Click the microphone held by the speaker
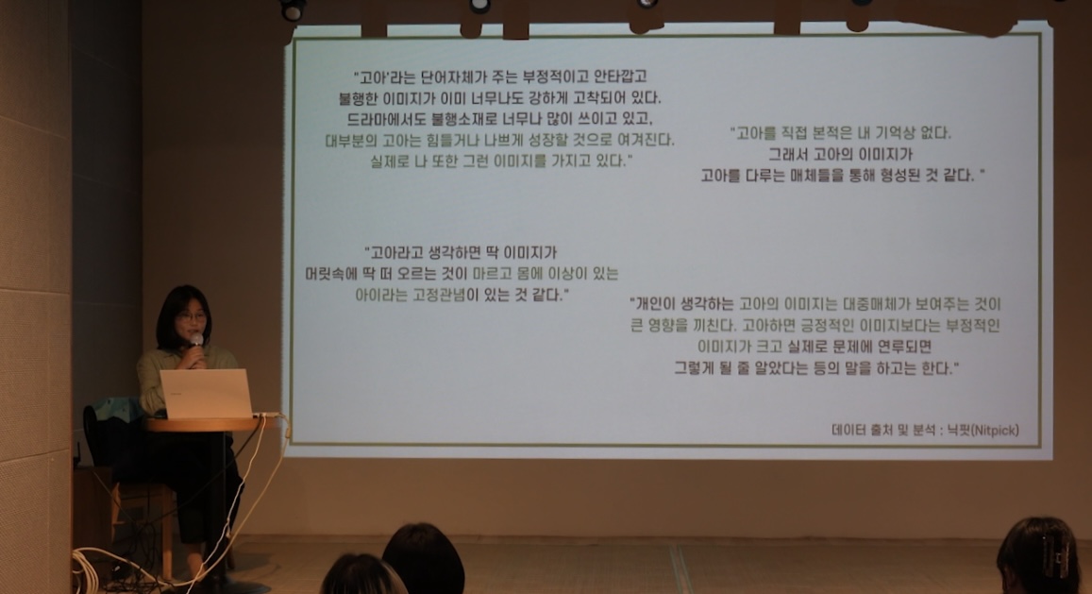pos(196,342)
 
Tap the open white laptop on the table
pos(206,394)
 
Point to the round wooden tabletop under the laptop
pos(203,423)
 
